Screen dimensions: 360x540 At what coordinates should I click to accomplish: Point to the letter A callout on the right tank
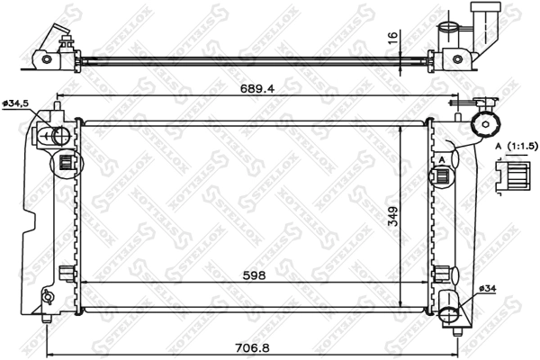coord(443,159)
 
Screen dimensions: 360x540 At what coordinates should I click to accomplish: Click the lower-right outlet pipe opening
coord(451,315)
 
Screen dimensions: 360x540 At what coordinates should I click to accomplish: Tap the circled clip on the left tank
coord(65,163)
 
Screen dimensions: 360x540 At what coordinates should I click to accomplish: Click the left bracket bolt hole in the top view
coord(44,59)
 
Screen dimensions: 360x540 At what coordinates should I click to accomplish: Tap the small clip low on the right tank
coord(442,273)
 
